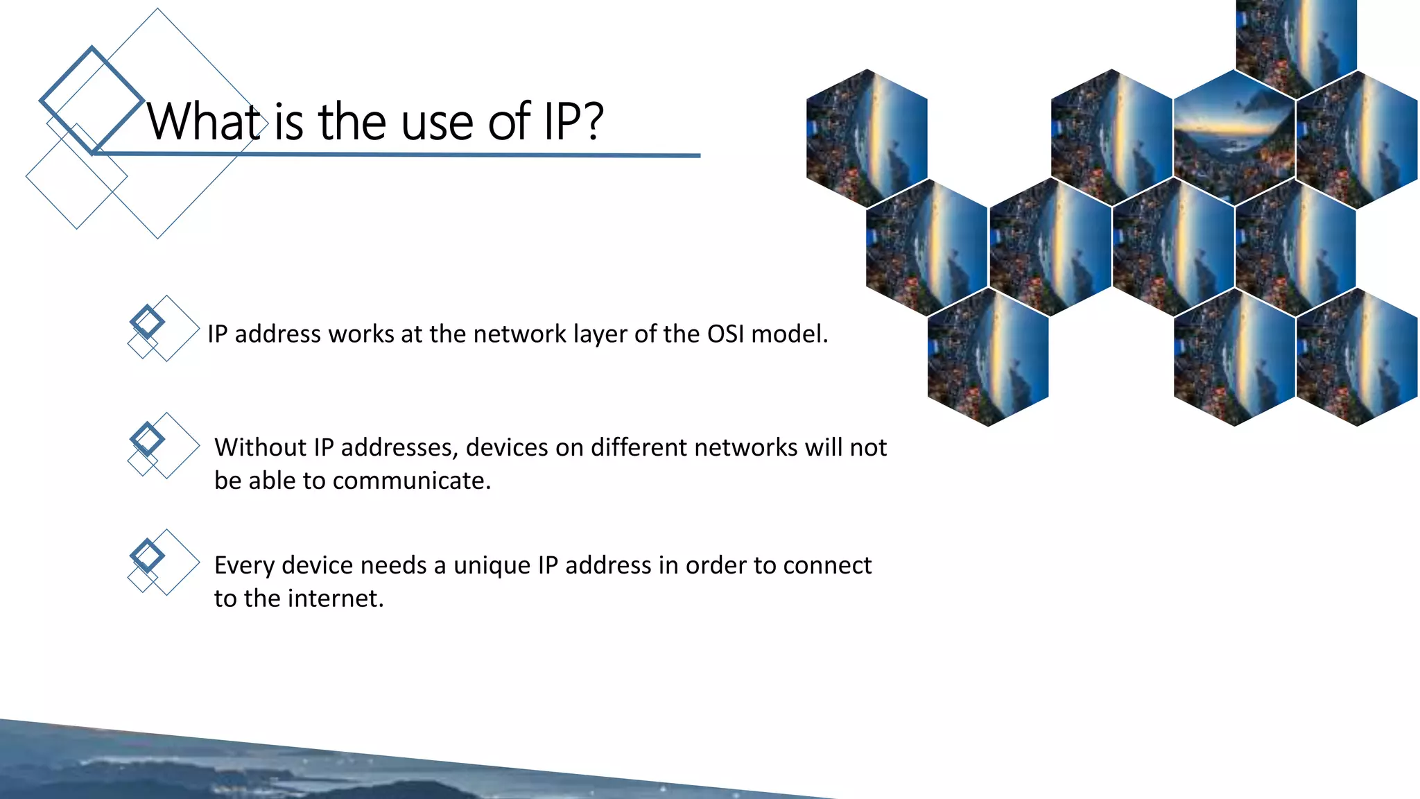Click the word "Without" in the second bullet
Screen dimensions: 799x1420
[x=260, y=447]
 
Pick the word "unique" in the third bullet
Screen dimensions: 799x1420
[x=492, y=566]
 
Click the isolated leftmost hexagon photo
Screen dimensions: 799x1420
[x=867, y=138]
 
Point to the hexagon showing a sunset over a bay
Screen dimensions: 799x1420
[x=1234, y=138]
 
